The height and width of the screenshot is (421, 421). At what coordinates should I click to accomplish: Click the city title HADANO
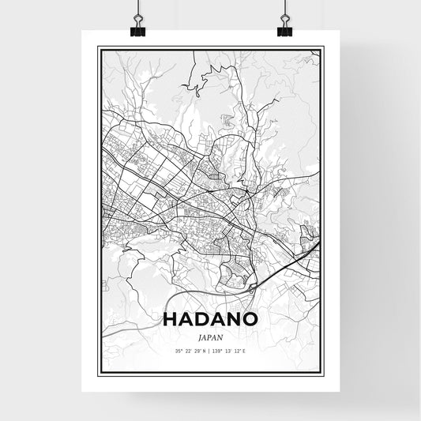210,319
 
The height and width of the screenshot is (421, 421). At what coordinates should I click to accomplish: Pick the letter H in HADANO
170,319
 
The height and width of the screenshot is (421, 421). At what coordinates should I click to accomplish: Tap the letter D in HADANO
204,319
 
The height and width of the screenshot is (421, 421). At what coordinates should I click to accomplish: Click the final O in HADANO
253,319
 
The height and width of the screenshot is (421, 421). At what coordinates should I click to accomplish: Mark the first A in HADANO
186,319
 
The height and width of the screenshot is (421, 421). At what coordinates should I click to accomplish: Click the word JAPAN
210,335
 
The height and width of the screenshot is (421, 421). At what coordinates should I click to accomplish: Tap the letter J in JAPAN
199,335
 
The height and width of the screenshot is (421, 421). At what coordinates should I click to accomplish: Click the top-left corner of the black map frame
98,47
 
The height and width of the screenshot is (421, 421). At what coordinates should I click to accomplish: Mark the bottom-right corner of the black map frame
323,376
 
